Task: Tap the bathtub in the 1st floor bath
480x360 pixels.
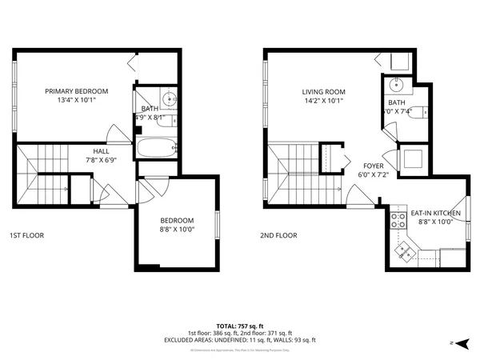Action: (x=154, y=148)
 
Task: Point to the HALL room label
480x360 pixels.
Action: (x=101, y=150)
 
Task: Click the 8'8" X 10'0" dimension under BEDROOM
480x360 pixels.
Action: (x=177, y=230)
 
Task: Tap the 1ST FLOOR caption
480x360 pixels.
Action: (x=26, y=236)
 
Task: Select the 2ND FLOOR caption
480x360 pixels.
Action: (x=278, y=236)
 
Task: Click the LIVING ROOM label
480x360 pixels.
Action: (x=323, y=91)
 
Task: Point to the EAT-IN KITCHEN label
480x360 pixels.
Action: (x=435, y=213)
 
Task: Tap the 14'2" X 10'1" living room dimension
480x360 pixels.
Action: (x=323, y=101)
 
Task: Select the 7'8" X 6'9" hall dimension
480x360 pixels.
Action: (x=101, y=159)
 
